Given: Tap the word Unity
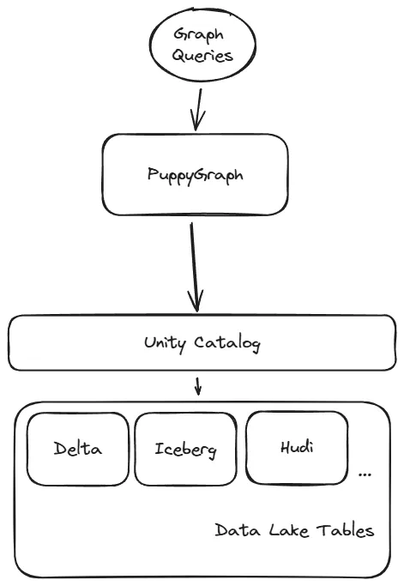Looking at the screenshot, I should pos(165,343).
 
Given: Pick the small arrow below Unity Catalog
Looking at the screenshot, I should pos(198,385).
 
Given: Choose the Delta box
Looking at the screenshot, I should pos(77,449).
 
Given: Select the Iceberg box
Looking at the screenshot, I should pos(184,449).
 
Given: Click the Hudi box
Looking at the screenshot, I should pos(297,446).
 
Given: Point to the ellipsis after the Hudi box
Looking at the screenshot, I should pos(365,474).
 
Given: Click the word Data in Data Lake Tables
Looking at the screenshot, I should pos(232,530).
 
